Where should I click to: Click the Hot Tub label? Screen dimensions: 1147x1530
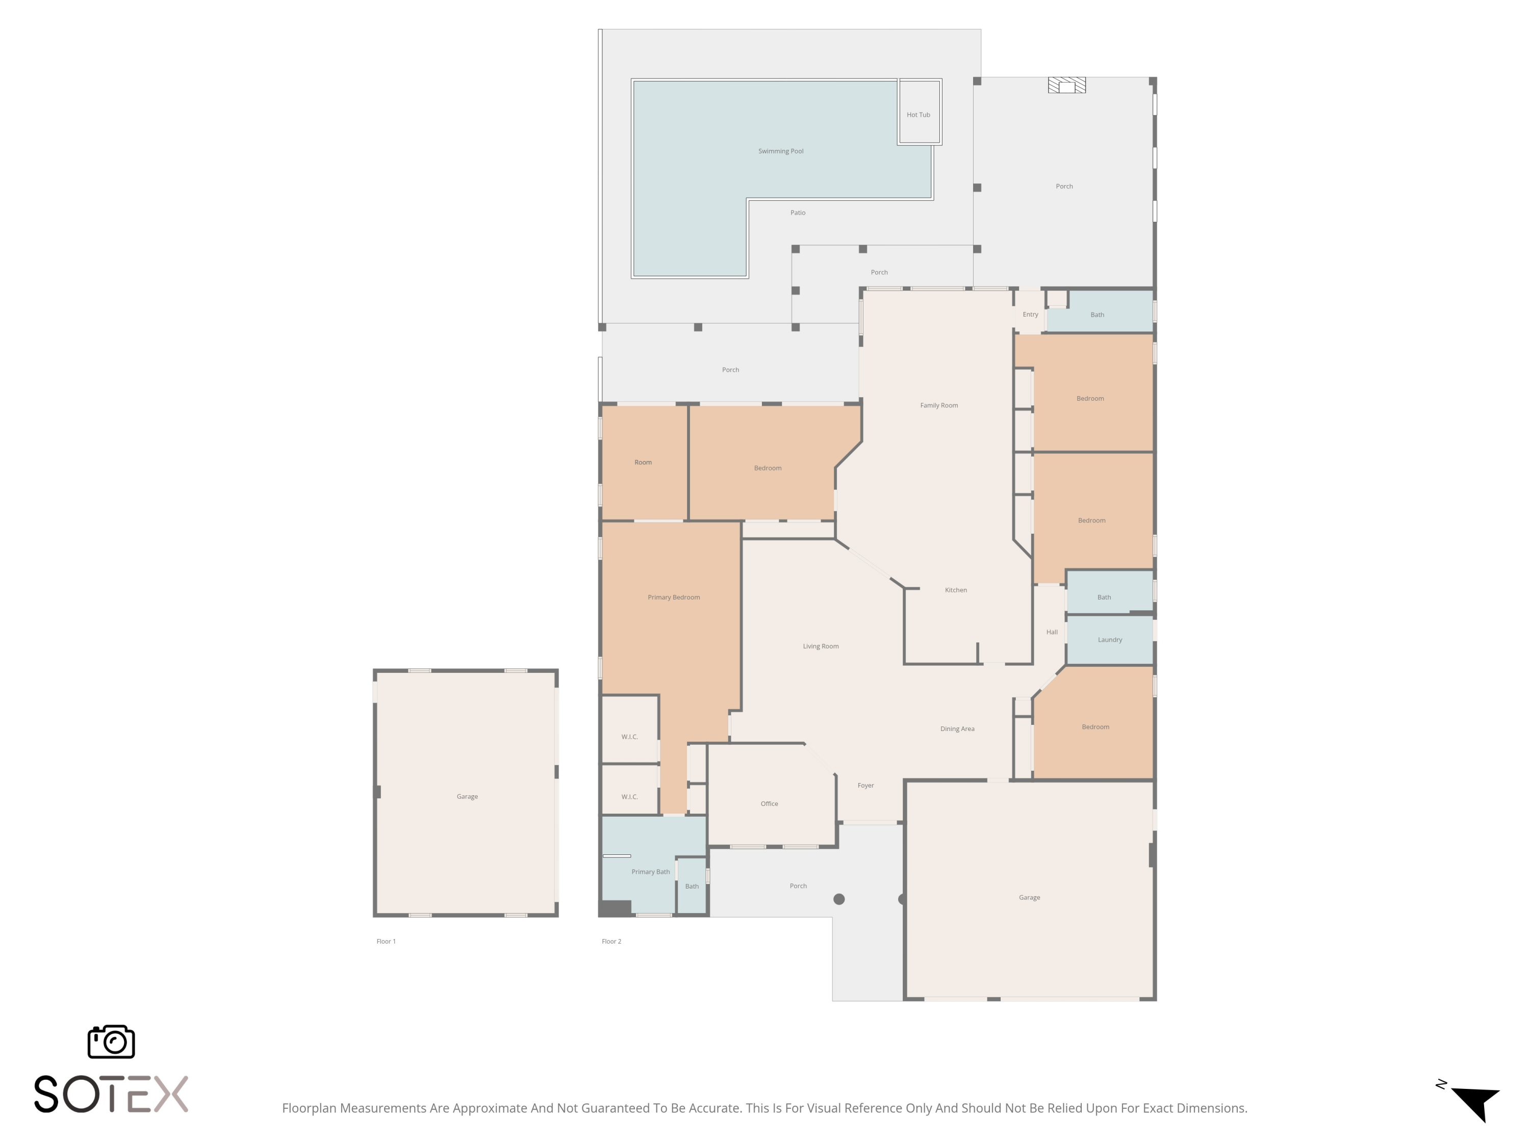(918, 115)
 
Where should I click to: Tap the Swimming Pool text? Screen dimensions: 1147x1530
(780, 151)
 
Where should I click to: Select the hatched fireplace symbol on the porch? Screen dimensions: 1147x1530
(1066, 86)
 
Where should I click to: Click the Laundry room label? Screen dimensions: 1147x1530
(1109, 640)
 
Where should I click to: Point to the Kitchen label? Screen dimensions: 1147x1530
(955, 590)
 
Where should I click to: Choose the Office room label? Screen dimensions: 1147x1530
(769, 803)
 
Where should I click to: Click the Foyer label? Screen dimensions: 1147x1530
(865, 786)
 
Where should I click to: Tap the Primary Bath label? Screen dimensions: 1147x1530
(650, 872)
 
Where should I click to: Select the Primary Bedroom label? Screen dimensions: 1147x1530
(673, 597)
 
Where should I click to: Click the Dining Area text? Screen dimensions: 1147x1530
(957, 728)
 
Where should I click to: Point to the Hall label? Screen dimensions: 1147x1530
(1051, 632)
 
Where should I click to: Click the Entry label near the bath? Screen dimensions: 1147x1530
(1030, 315)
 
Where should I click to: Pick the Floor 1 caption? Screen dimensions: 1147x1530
(386, 941)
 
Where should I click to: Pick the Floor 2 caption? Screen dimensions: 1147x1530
(611, 941)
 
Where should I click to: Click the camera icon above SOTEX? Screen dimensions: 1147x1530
(111, 1042)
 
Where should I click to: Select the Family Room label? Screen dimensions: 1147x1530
(938, 405)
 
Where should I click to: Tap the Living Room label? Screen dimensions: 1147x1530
(820, 646)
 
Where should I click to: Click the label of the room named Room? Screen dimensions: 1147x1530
(643, 462)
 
